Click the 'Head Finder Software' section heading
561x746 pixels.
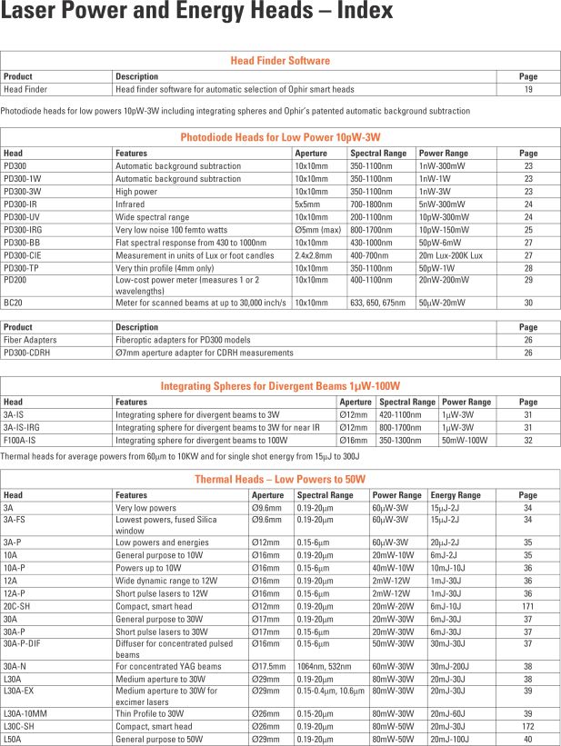(x=280, y=61)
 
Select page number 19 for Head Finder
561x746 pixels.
(x=527, y=90)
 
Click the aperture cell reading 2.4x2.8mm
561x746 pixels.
(x=314, y=256)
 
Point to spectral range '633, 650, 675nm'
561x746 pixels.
(x=376, y=303)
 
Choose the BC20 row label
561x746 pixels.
(x=14, y=303)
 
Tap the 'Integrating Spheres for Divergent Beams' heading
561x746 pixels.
(x=280, y=386)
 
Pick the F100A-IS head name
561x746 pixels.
(x=21, y=440)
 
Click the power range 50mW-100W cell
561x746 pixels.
(x=463, y=440)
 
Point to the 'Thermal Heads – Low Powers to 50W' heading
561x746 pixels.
(x=280, y=479)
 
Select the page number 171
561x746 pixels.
(x=527, y=606)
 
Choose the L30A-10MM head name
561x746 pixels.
(x=25, y=713)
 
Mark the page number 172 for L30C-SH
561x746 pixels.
(x=527, y=726)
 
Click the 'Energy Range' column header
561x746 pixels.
(x=456, y=495)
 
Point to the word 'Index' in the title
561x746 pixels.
(x=361, y=12)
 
